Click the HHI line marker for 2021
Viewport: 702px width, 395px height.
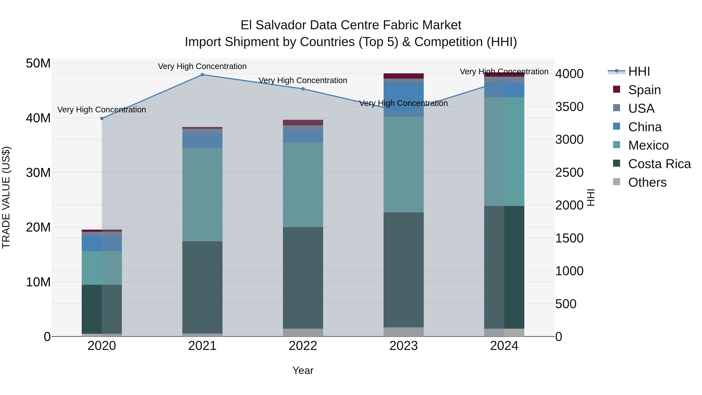pyautogui.click(x=202, y=75)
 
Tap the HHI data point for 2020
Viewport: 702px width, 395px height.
pyautogui.click(x=102, y=119)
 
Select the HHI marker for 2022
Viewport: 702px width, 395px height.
pyautogui.click(x=303, y=89)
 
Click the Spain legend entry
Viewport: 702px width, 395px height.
pyautogui.click(x=644, y=90)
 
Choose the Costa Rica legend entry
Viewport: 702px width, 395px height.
pyautogui.click(x=659, y=164)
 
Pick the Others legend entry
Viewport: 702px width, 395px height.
pyautogui.click(x=647, y=182)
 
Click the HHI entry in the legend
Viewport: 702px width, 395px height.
pyautogui.click(x=639, y=71)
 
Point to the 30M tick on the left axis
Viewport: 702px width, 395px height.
pyautogui.click(x=38, y=173)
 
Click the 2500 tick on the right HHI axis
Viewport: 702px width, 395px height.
pyautogui.click(x=569, y=173)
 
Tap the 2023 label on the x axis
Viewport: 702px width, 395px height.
pyautogui.click(x=403, y=346)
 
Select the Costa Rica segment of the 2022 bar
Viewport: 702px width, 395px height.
pyautogui.click(x=303, y=278)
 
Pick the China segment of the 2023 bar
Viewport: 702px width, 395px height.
pyautogui.click(x=403, y=99)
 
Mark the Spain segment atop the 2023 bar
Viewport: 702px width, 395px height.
pyautogui.click(x=403, y=76)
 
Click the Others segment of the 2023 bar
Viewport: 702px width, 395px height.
pyautogui.click(x=403, y=332)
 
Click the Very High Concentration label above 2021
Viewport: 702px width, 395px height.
pyautogui.click(x=202, y=66)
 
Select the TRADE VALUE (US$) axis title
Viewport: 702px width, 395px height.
pyautogui.click(x=6, y=197)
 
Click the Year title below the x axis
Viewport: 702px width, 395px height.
pyautogui.click(x=303, y=370)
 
